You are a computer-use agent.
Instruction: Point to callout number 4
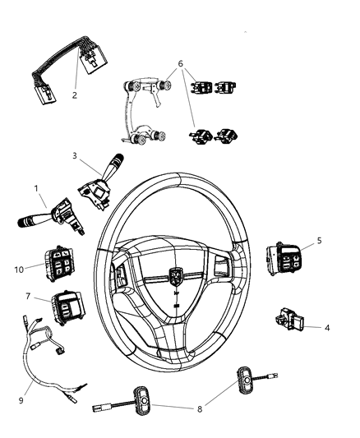pyautogui.click(x=326, y=327)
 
